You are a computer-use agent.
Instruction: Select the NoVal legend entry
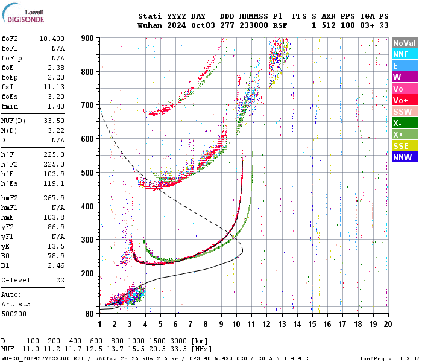404,43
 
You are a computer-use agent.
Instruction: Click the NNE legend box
404,54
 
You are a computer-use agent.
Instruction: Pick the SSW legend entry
404,112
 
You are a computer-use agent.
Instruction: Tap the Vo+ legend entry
404,100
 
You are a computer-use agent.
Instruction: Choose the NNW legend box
404,157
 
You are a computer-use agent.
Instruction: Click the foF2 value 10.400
52,38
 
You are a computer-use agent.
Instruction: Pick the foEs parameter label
10,96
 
